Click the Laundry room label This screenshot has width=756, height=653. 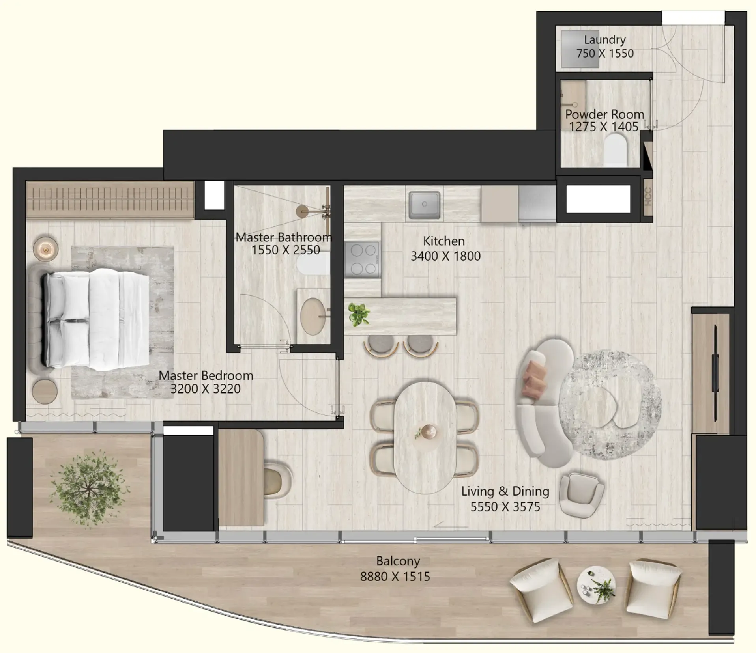[604, 40]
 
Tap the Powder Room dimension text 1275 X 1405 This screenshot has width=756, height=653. [604, 127]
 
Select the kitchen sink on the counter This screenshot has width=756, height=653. [424, 205]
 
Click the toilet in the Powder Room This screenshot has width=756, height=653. [615, 150]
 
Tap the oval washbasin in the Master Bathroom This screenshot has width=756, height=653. [313, 316]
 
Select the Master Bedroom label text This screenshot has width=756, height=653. [206, 375]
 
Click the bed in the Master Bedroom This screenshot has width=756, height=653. [97, 319]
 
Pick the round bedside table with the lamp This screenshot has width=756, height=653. [45, 249]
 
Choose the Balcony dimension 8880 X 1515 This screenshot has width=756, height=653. [395, 577]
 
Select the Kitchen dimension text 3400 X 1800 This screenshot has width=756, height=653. [445, 256]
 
